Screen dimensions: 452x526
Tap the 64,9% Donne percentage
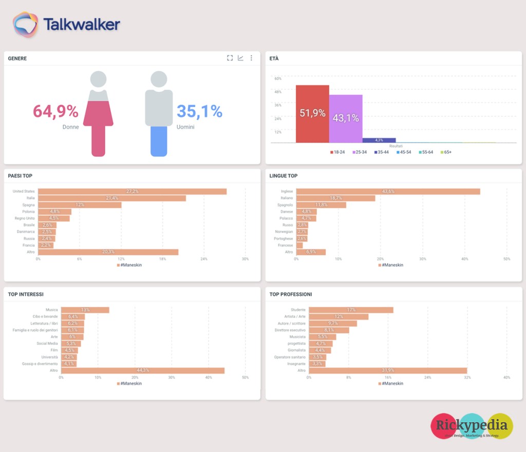[55, 111]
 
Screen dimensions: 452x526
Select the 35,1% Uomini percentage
[199, 111]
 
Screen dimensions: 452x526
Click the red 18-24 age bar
[312, 114]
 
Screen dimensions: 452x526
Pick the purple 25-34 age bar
[346, 119]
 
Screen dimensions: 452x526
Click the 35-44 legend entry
[381, 152]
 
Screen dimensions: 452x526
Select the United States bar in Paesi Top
[132, 192]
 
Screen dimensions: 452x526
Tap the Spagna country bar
[80, 205]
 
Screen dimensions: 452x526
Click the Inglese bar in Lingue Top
[388, 192]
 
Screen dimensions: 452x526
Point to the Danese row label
[287, 212]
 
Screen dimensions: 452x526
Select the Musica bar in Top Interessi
[85, 310]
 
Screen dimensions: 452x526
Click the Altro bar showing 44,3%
[142, 370]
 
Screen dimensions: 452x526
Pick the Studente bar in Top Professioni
[351, 310]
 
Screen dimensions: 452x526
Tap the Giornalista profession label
[296, 350]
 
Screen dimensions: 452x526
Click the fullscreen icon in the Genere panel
[230, 58]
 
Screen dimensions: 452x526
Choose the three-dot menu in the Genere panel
[251, 58]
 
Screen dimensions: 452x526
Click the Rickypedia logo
[472, 426]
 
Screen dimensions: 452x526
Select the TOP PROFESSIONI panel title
[291, 294]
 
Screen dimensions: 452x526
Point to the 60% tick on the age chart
[278, 79]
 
